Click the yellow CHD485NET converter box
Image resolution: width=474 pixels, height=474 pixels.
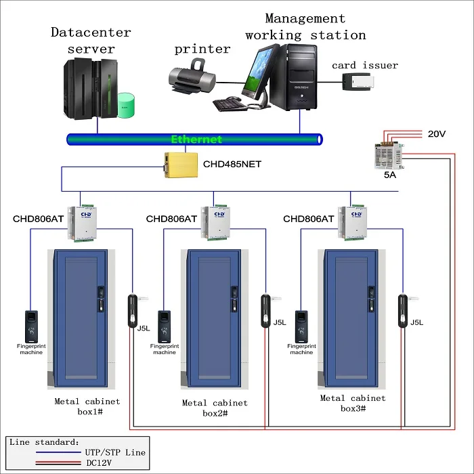pos(181,164)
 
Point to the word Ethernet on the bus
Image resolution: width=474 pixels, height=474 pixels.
pos(196,139)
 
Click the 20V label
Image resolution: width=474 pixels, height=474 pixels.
pos(437,134)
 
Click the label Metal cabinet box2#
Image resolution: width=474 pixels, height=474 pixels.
pos(215,408)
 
